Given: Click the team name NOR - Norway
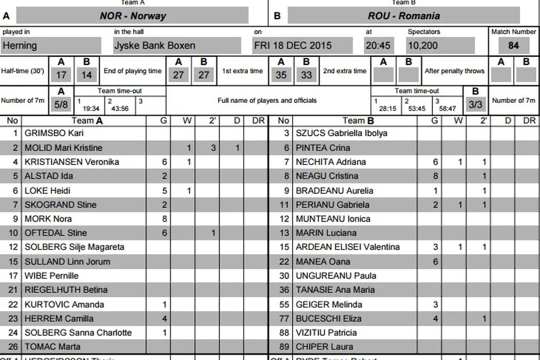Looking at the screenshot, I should point(133,15).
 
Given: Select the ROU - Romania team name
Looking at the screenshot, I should point(404,15).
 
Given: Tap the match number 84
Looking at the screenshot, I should point(513,45).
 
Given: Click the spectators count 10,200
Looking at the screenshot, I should point(423,45).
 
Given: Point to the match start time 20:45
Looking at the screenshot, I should point(377,45).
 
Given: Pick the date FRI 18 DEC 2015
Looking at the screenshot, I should point(293,45).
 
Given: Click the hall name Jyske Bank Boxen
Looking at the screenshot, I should point(155,45).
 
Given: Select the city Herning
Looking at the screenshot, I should point(20,45).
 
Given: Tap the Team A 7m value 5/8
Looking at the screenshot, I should point(61,104).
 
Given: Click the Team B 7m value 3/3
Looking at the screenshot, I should point(475,104).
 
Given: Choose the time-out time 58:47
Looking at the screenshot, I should point(446,109).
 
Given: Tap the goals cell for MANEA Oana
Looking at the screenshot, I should point(436,261).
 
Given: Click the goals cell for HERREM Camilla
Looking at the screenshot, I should point(165,318).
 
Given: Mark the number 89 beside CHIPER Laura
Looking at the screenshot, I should point(284,347).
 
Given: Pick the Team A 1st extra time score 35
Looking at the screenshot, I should point(281,75).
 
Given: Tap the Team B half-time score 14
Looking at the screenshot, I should point(86,75).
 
